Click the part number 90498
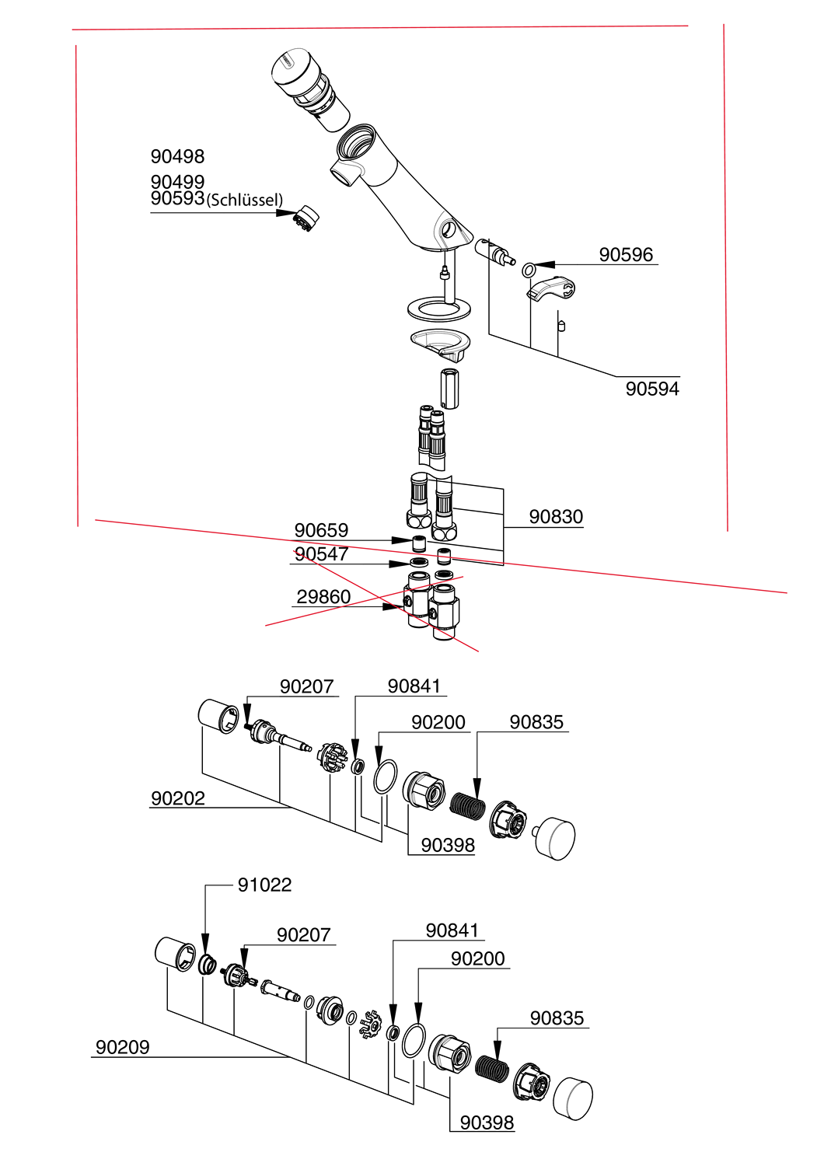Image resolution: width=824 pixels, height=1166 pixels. (177, 156)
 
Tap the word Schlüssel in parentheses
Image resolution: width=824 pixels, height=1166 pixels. (245, 200)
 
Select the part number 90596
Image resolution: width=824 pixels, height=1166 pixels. (625, 254)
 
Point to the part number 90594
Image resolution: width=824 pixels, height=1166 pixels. (651, 389)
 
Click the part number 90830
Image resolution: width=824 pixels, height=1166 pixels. (555, 517)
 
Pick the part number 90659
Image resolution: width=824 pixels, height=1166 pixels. (320, 530)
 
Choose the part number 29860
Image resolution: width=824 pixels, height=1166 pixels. (323, 597)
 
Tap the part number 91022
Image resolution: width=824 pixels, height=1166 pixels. (264, 885)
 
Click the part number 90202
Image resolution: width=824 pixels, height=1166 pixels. (177, 798)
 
